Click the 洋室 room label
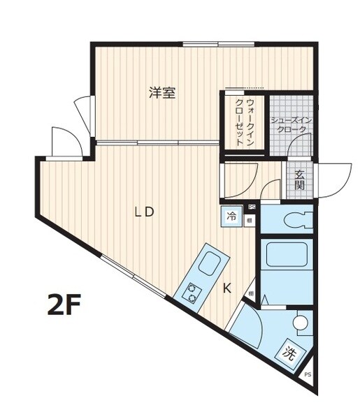[162, 93]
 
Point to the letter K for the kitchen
[227, 288]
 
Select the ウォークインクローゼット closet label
[245, 122]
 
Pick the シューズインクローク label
[289, 125]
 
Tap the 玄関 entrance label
[299, 179]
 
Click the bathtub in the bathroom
[287, 256]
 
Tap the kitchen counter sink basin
[210, 265]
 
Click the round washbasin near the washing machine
[300, 323]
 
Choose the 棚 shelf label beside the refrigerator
[250, 221]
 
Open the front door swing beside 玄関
[333, 179]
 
